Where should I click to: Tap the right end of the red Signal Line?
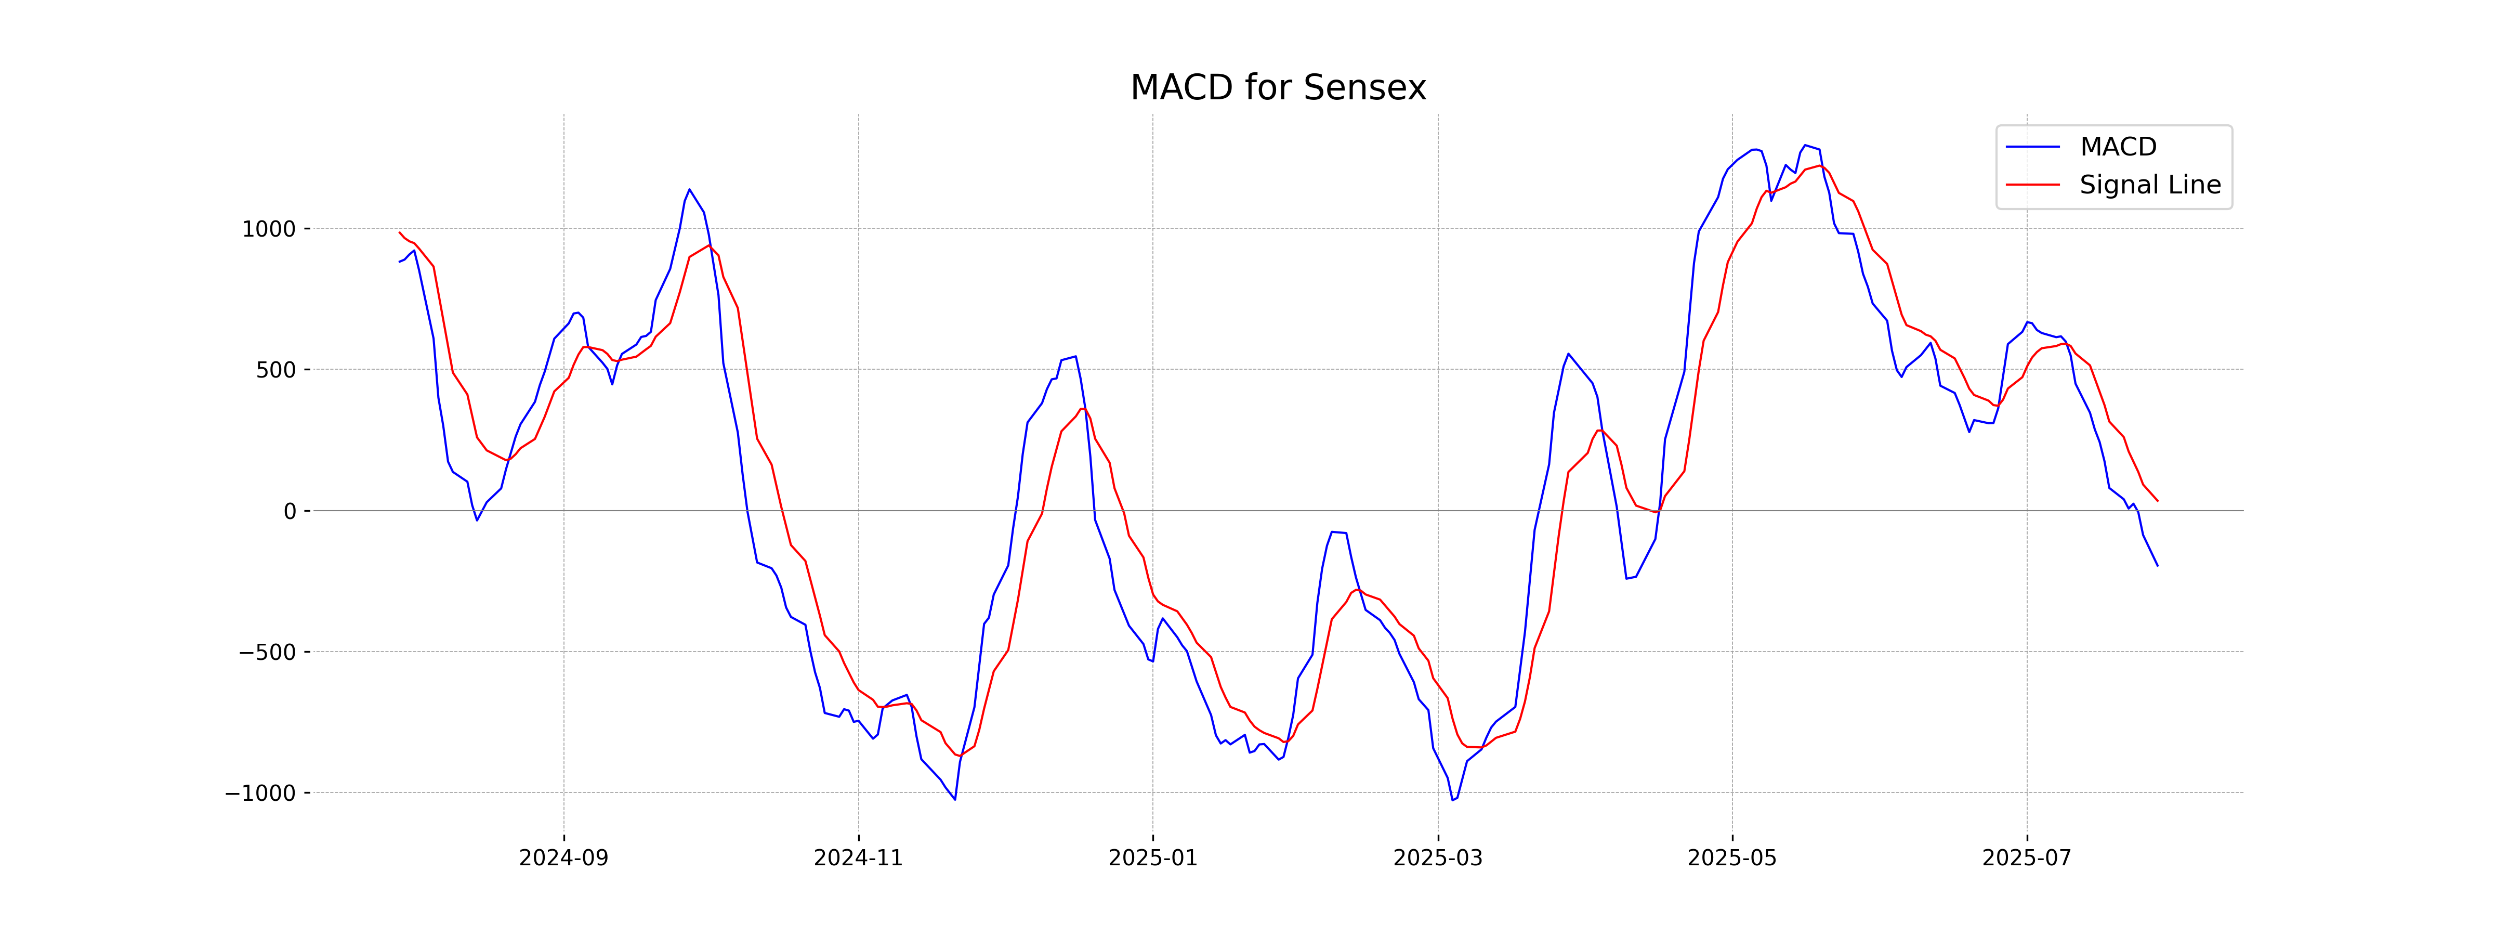2157,501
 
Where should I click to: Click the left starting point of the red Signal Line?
399,232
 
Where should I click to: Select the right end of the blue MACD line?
2157,565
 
